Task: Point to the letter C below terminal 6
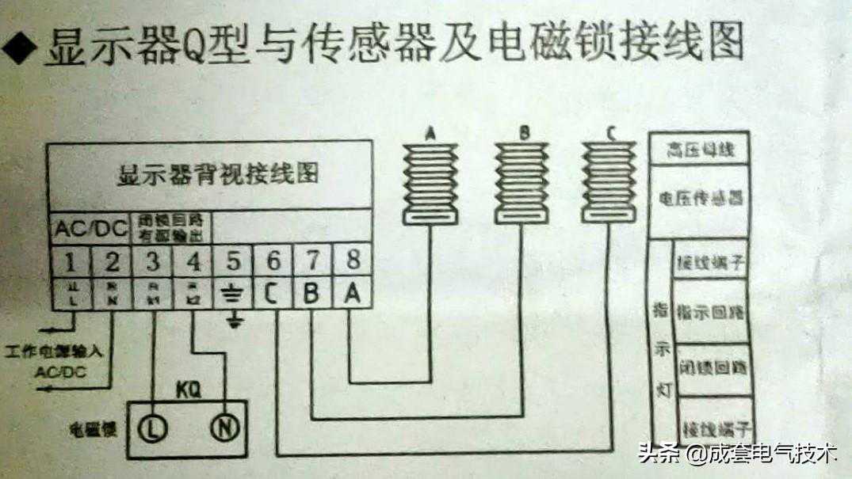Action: click(x=272, y=295)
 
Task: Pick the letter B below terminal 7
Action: click(x=312, y=295)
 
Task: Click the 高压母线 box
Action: click(x=698, y=150)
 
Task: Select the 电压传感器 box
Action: click(x=698, y=198)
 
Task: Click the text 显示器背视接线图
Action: click(x=217, y=173)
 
